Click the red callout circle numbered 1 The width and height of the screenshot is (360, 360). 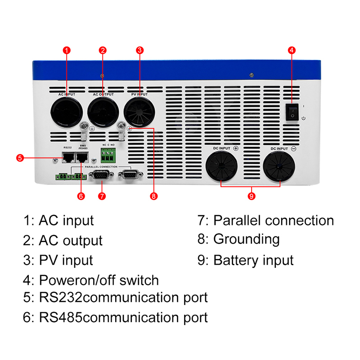(67, 50)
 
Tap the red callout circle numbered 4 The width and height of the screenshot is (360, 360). (292, 50)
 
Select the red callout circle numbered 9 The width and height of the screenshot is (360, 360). (251, 196)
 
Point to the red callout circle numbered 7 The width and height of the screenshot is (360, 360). (102, 196)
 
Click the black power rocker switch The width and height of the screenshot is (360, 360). (292, 111)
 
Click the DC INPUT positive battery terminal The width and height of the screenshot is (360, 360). (221, 166)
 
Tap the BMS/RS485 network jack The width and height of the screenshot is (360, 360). (82, 157)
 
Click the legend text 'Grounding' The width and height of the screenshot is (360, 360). (246, 239)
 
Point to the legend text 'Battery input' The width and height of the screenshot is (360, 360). (253, 260)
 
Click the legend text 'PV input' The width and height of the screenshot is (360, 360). (66, 260)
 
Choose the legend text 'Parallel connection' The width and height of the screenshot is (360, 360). (273, 220)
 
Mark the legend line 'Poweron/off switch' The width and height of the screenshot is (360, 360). (99, 280)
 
